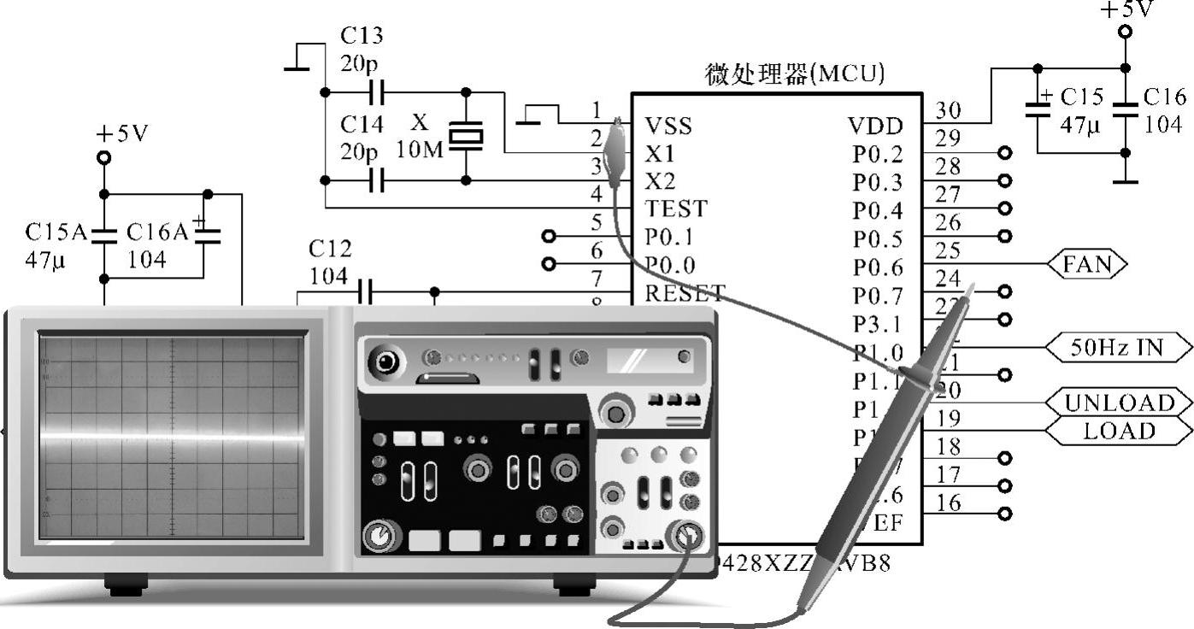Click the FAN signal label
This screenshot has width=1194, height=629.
[x=1087, y=264]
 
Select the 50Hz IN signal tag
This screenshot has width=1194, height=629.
[x=1119, y=347]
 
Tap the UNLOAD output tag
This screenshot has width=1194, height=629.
[x=1119, y=403]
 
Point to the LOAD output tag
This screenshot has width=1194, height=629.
[x=1119, y=431]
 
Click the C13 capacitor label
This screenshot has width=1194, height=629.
[x=362, y=36]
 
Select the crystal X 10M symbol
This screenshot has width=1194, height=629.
[x=466, y=136]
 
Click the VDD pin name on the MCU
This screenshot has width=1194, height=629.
[x=875, y=127]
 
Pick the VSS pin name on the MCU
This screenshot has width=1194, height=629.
[x=668, y=127]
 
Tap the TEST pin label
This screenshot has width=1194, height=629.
[x=675, y=209]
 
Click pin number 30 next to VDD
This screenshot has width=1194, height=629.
[x=948, y=110]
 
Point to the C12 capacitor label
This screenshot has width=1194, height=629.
[x=329, y=249]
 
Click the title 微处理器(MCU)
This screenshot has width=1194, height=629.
[x=795, y=74]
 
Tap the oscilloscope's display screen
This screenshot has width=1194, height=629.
[x=171, y=437]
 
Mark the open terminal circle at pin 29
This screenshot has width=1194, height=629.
[x=1004, y=154]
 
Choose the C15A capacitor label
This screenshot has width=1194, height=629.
[x=56, y=232]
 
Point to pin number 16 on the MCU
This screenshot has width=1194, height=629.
[x=948, y=503]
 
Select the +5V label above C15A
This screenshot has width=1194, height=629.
[x=122, y=135]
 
